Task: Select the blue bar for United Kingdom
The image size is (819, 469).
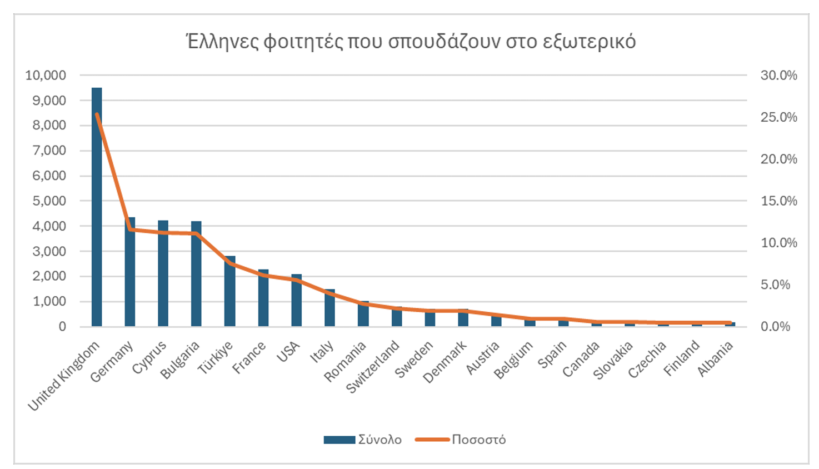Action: click(97, 222)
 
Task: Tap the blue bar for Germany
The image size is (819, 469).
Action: click(130, 278)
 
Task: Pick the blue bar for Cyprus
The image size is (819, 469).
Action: click(163, 278)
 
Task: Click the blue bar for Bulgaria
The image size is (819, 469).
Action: click(197, 278)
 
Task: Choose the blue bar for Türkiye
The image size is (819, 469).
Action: click(230, 295)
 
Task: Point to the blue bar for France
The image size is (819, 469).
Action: click(263, 300)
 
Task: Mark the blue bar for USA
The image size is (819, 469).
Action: click(297, 303)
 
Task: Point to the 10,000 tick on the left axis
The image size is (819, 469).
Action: click(46, 76)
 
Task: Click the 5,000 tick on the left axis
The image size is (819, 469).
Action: click(49, 201)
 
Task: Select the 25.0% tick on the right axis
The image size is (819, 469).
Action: click(778, 117)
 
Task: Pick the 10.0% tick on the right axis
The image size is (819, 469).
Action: click(778, 243)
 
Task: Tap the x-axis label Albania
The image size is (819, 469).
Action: click(716, 359)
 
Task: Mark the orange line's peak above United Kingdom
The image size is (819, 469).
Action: click(97, 114)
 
